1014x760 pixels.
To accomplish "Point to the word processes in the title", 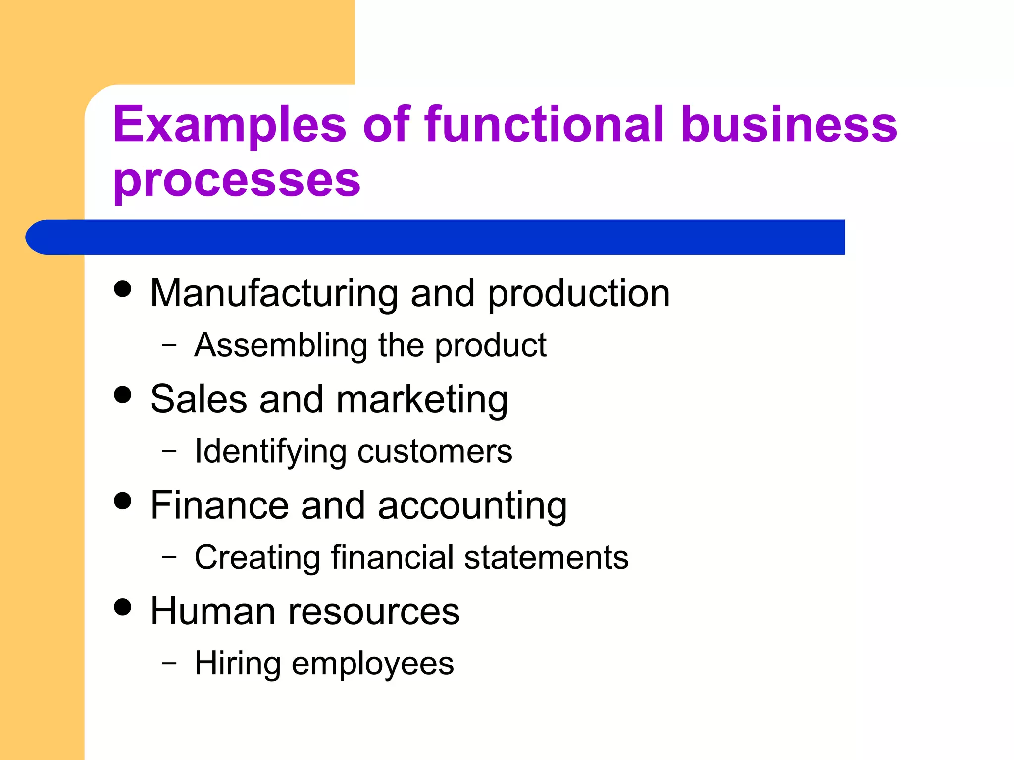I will (x=237, y=180).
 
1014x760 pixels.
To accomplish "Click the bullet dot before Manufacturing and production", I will (x=122, y=289).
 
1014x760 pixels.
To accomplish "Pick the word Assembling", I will (x=281, y=345).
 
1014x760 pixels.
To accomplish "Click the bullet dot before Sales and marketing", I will (x=122, y=395).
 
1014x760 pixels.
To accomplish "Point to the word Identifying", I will (x=270, y=452).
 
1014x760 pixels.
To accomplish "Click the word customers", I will (x=435, y=452).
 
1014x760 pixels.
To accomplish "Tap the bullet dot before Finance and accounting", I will (x=122, y=501).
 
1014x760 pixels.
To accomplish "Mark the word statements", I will (x=546, y=557).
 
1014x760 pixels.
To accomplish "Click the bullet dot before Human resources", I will (x=122, y=607).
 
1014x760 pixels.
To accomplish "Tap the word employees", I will (x=372, y=664).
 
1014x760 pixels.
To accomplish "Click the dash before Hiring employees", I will (x=169, y=663).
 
